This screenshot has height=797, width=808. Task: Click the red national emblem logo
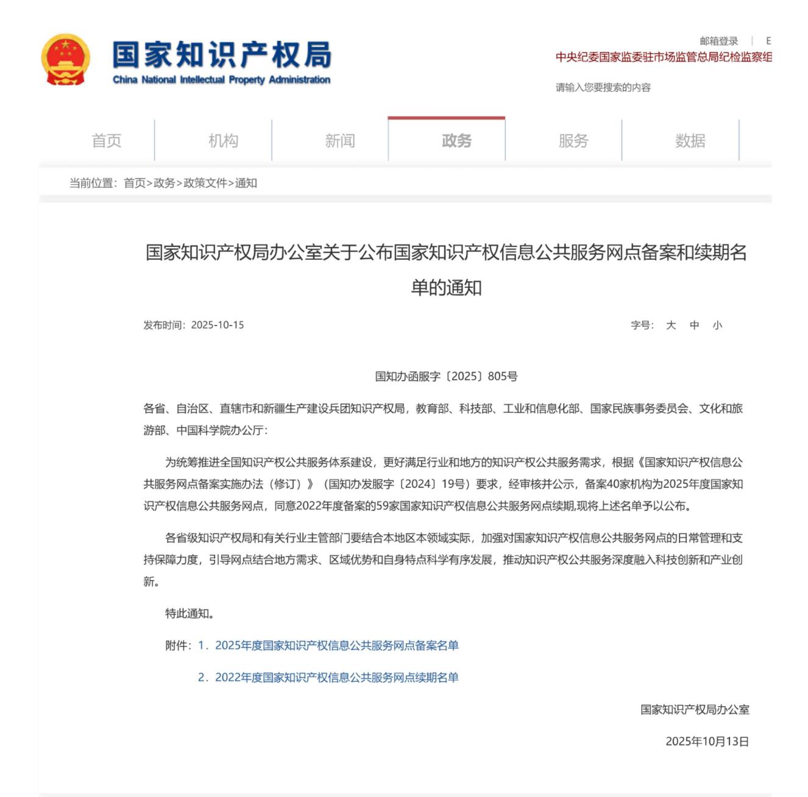[x=65, y=60]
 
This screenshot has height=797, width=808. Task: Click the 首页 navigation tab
[x=107, y=141]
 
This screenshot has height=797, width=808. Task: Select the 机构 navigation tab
[x=223, y=141]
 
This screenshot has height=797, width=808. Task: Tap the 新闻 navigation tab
[x=339, y=141]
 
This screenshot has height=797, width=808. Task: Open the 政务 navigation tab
[x=456, y=141]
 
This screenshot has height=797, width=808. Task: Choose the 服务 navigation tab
[x=573, y=141]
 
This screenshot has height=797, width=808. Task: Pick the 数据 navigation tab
[x=690, y=141]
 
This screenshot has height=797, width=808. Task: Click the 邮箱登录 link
[x=718, y=41]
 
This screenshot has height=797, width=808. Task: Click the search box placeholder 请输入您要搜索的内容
[x=603, y=87]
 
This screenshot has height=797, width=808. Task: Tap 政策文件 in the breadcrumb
[x=205, y=183]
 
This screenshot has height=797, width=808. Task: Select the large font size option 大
[x=671, y=325]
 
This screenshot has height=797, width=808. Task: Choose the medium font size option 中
[x=694, y=325]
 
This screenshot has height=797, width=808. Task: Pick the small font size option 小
[x=717, y=325]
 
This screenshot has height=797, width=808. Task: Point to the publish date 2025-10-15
[x=218, y=325]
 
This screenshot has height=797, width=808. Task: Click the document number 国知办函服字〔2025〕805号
[x=446, y=376]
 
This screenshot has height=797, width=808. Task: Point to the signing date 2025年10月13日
[x=707, y=741]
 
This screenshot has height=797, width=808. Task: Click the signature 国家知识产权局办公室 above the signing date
[x=695, y=709]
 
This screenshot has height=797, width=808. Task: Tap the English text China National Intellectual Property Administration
[x=222, y=80]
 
